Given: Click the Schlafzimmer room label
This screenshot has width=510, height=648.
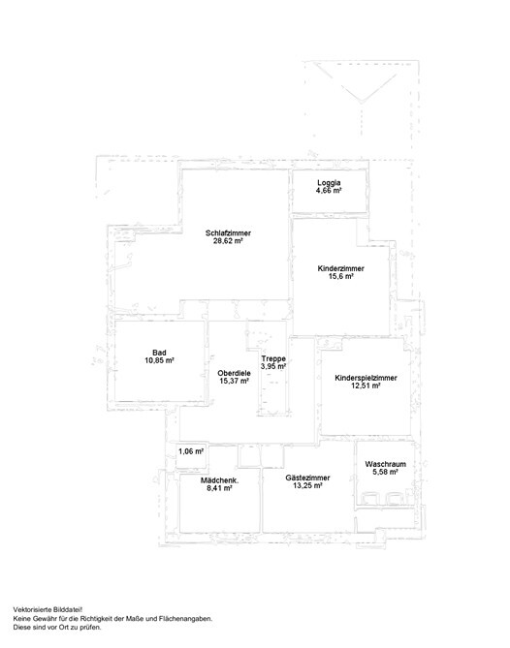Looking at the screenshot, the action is (x=228, y=233).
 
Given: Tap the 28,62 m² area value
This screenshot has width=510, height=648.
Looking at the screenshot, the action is (x=228, y=241).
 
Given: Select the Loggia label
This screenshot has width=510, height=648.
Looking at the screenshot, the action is (x=329, y=183).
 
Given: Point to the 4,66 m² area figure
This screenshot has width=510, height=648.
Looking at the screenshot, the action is (x=329, y=191).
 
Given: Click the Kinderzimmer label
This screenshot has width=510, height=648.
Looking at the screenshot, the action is (x=341, y=268).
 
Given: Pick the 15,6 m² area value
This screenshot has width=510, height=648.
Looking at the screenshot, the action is (x=341, y=276).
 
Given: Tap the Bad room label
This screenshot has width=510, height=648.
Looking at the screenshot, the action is (x=159, y=353).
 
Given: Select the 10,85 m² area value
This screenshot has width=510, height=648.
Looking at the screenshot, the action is (x=159, y=360).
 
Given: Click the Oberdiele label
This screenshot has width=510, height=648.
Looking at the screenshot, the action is (x=234, y=373).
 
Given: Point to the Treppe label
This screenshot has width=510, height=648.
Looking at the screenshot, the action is (x=273, y=358).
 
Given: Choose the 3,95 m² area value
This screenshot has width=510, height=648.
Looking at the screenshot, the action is (x=273, y=366).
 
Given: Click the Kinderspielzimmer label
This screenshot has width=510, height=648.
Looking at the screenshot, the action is (x=367, y=378).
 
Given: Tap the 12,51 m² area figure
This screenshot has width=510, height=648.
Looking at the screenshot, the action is (x=367, y=386).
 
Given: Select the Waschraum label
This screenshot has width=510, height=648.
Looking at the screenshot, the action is (x=385, y=464).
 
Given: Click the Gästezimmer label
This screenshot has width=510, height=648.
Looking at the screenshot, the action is (x=307, y=478).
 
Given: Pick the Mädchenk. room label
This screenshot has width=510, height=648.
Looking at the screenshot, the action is (x=220, y=480).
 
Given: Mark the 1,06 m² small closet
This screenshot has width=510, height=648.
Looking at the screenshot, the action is (x=191, y=451).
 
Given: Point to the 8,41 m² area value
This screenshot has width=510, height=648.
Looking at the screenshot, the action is (x=219, y=488).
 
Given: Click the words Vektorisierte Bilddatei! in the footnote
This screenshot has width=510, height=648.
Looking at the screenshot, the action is (x=48, y=609).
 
